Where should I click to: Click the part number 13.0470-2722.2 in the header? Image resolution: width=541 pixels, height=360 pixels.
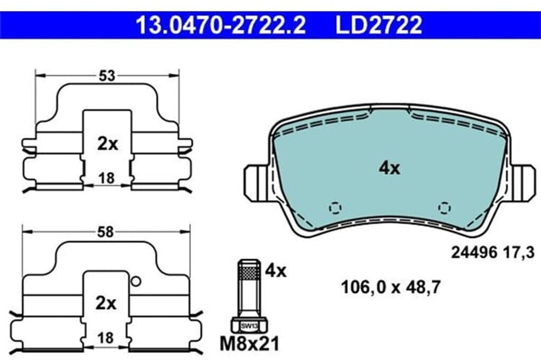click(x=221, y=25)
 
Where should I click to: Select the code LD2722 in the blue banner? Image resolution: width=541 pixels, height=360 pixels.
click(x=378, y=25)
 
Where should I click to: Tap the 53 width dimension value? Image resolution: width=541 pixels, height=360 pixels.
click(x=107, y=76)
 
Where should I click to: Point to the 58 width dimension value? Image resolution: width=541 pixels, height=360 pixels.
click(x=105, y=232)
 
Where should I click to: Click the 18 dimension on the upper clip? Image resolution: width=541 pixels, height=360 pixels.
click(x=106, y=178)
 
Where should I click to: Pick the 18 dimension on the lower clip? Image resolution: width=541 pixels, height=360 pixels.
click(x=105, y=338)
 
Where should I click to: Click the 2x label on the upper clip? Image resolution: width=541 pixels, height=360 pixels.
click(x=107, y=144)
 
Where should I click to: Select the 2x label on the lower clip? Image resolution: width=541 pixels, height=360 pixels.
click(x=106, y=304)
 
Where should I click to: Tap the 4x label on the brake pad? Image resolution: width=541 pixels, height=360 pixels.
click(x=389, y=168)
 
